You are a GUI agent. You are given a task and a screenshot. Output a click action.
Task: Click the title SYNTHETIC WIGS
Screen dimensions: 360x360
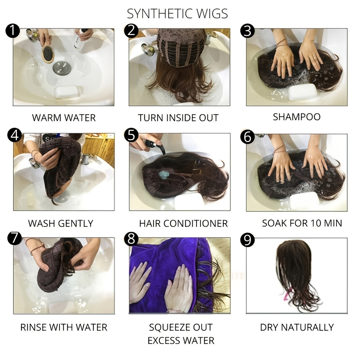click(x=177, y=14)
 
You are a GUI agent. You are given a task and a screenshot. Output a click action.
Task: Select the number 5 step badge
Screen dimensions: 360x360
click(x=130, y=135)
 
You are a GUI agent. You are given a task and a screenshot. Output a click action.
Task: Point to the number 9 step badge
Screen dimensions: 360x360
click(x=247, y=240)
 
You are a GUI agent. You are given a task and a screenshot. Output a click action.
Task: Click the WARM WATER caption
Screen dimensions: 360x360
click(x=64, y=117)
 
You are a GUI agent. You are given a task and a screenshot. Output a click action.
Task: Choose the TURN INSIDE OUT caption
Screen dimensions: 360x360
click(x=178, y=117)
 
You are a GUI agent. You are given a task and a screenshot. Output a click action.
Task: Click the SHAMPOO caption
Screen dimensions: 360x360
click(x=297, y=117)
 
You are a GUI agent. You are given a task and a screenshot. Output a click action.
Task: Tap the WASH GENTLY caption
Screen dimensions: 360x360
click(x=60, y=223)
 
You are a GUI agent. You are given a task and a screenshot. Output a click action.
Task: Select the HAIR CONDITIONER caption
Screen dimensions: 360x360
click(x=183, y=223)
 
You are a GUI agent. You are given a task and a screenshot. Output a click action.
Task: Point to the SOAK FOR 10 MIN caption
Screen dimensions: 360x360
click(x=302, y=223)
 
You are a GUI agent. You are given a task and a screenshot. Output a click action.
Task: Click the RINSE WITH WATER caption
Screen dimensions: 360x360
click(x=64, y=327)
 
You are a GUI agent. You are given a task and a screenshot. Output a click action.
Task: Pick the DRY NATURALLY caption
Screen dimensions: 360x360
click(x=297, y=327)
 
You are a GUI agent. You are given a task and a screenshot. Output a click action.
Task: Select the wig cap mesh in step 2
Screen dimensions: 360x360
click(x=181, y=46)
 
